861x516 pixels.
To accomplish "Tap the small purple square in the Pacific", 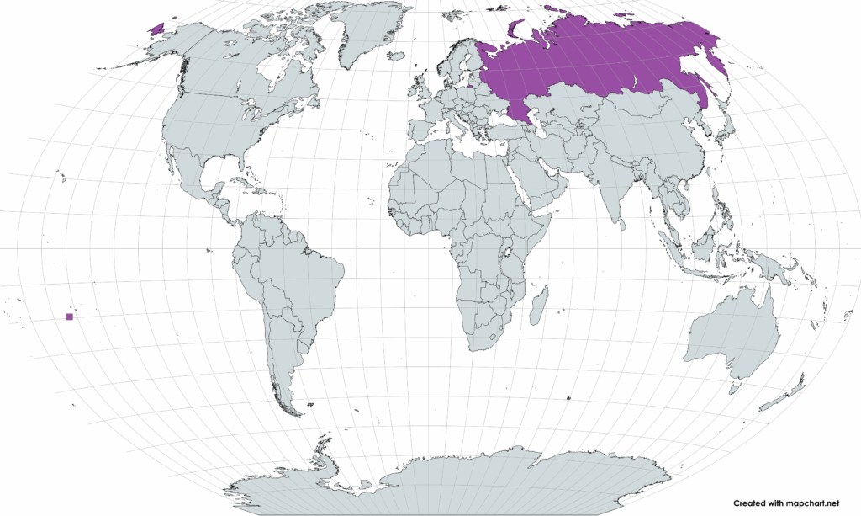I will pos(69,317).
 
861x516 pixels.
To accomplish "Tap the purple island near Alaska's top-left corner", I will pos(155,26).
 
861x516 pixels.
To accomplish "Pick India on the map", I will pos(618,189).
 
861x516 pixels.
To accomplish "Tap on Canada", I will pos(227,76).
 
